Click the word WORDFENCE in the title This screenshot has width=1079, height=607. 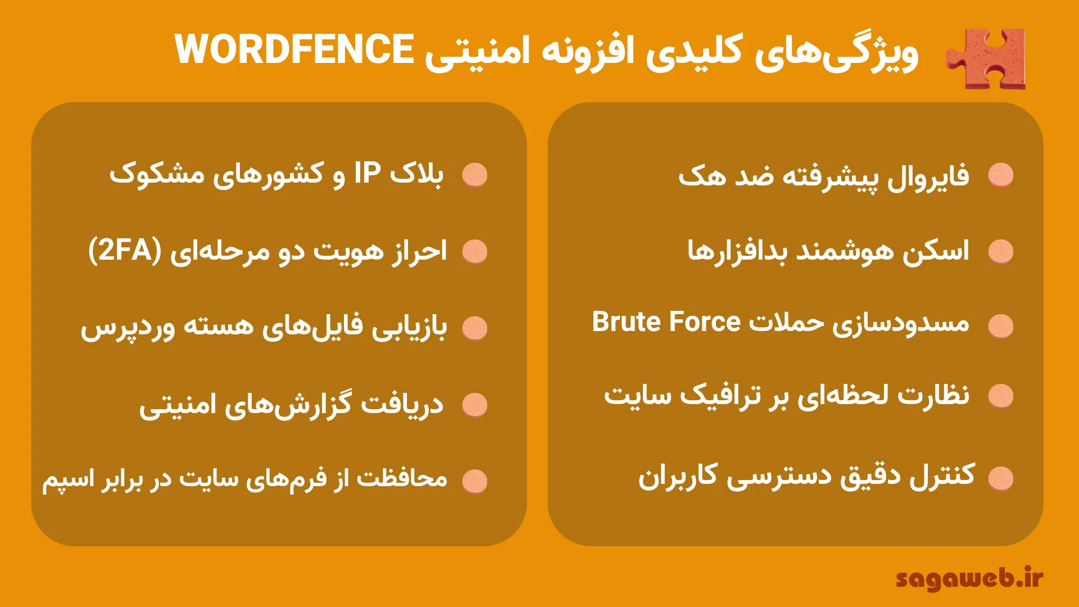click(x=294, y=49)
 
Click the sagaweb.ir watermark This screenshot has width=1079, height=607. click(x=969, y=579)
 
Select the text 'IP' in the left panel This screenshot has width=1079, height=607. click(x=368, y=174)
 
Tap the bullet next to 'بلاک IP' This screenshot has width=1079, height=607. click(x=475, y=175)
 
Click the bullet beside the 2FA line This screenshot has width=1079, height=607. click(x=475, y=251)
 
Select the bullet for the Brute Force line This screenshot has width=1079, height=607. click(x=1001, y=326)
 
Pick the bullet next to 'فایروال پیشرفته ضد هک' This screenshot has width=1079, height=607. click(x=1001, y=175)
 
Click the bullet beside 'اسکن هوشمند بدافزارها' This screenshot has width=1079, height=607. click(x=1001, y=251)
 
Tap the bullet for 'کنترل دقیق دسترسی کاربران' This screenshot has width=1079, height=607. click(x=1001, y=478)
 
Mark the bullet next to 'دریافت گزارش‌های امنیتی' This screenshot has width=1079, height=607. click(x=475, y=405)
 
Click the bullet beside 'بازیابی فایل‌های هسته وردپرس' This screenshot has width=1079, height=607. click(x=475, y=328)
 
